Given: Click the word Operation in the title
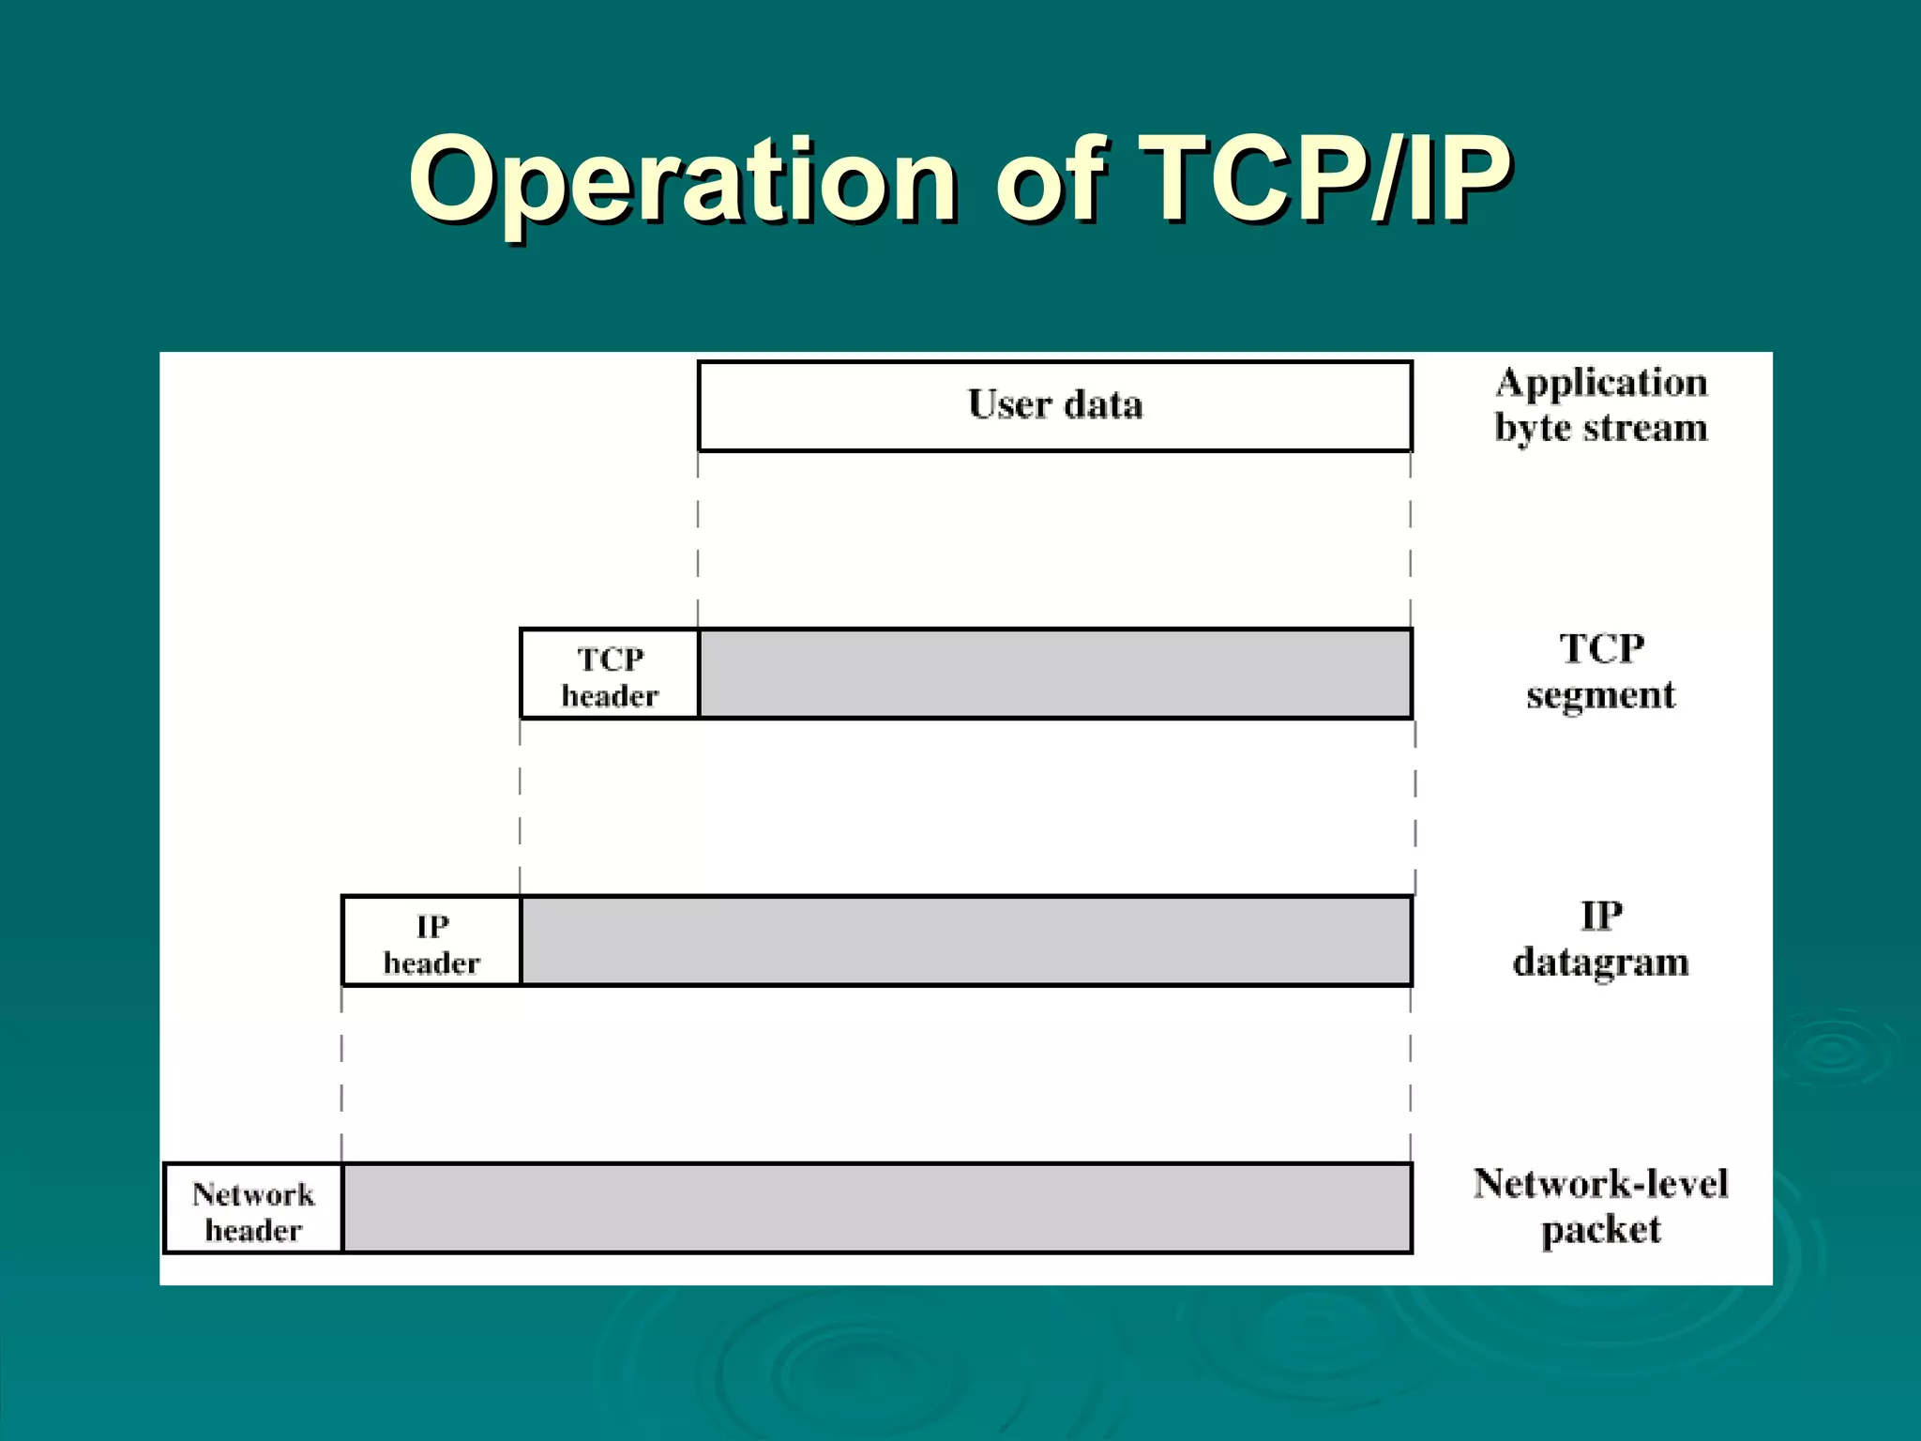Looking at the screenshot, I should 683,180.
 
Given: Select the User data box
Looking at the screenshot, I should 1054,405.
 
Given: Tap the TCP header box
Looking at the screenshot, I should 610,675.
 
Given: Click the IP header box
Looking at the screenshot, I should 431,942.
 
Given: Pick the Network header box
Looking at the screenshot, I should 253,1209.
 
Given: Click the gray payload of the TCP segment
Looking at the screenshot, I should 1054,675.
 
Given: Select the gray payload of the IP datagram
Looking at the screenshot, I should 966,942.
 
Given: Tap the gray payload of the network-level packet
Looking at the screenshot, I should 877,1209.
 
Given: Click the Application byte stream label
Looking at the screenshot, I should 1600,405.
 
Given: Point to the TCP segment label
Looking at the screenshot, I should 1600,672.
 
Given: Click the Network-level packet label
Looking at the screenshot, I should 1600,1206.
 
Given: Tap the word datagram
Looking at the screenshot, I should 1600,963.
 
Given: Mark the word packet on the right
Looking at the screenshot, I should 1600,1231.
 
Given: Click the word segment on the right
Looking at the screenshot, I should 1600,696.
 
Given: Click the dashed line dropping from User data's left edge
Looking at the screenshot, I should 698,539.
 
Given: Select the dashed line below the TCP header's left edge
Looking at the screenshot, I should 521,807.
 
